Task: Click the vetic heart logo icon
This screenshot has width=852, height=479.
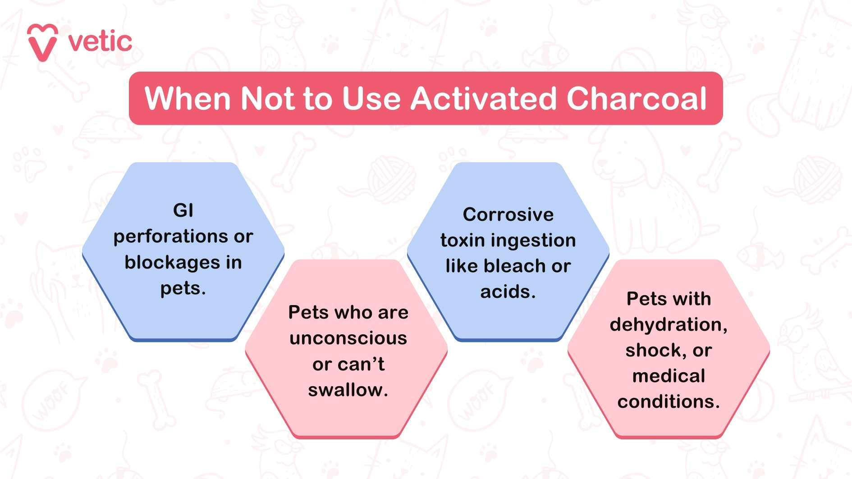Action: point(42,42)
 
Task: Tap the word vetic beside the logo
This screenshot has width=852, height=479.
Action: point(100,42)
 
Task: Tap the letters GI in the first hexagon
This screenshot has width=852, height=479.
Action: point(183,210)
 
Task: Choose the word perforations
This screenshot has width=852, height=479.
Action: point(171,237)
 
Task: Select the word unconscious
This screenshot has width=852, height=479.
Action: point(348,338)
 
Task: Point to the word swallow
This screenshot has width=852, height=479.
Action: point(345,390)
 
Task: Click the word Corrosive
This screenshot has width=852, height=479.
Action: point(508,214)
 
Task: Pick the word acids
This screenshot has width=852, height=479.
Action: point(508,292)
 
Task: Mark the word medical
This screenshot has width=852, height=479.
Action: point(669,376)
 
